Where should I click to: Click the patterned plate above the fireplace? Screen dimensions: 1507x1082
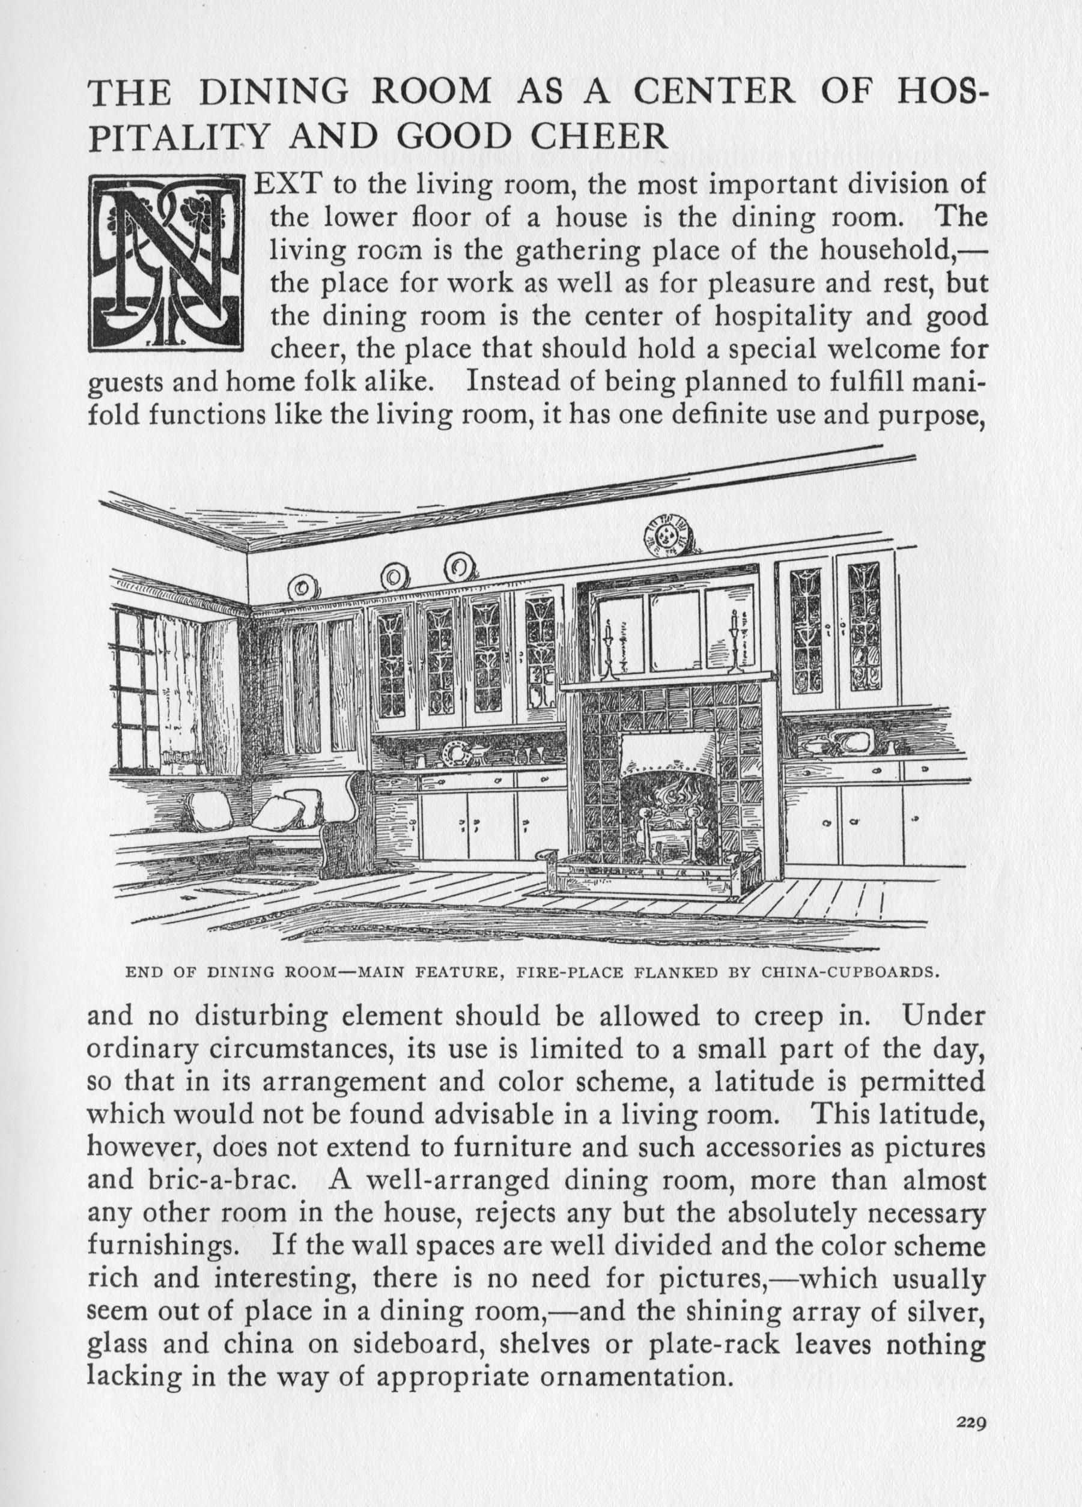667,533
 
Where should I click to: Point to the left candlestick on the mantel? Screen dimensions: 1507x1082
607,651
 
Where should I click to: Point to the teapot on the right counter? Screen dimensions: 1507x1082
812,745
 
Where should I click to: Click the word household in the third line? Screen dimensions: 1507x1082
884,251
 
